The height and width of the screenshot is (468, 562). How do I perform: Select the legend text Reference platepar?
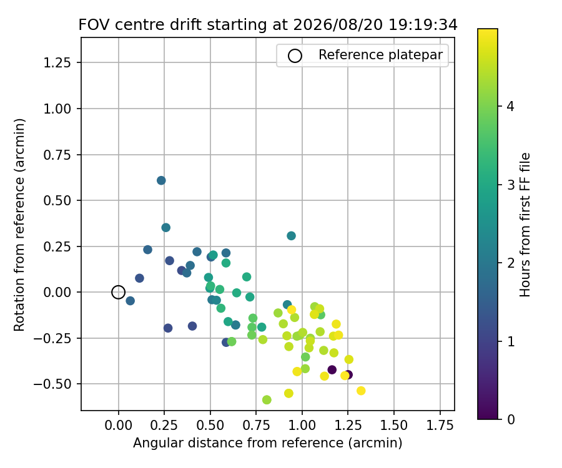pyautogui.click(x=381, y=55)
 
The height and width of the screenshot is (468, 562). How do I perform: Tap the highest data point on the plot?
pyautogui.click(x=161, y=180)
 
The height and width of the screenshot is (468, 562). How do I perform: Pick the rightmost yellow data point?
pyautogui.click(x=361, y=391)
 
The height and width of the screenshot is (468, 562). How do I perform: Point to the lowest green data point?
pyautogui.click(x=267, y=399)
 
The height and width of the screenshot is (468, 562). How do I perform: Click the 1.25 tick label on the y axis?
pyautogui.click(x=57, y=62)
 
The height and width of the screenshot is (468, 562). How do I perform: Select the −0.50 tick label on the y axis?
pyautogui.click(x=52, y=384)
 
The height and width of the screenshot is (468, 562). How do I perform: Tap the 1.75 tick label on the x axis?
pyautogui.click(x=440, y=426)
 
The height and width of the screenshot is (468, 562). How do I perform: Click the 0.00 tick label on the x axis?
pyautogui.click(x=118, y=426)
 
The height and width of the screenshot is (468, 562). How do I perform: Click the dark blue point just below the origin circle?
pyautogui.click(x=130, y=301)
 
